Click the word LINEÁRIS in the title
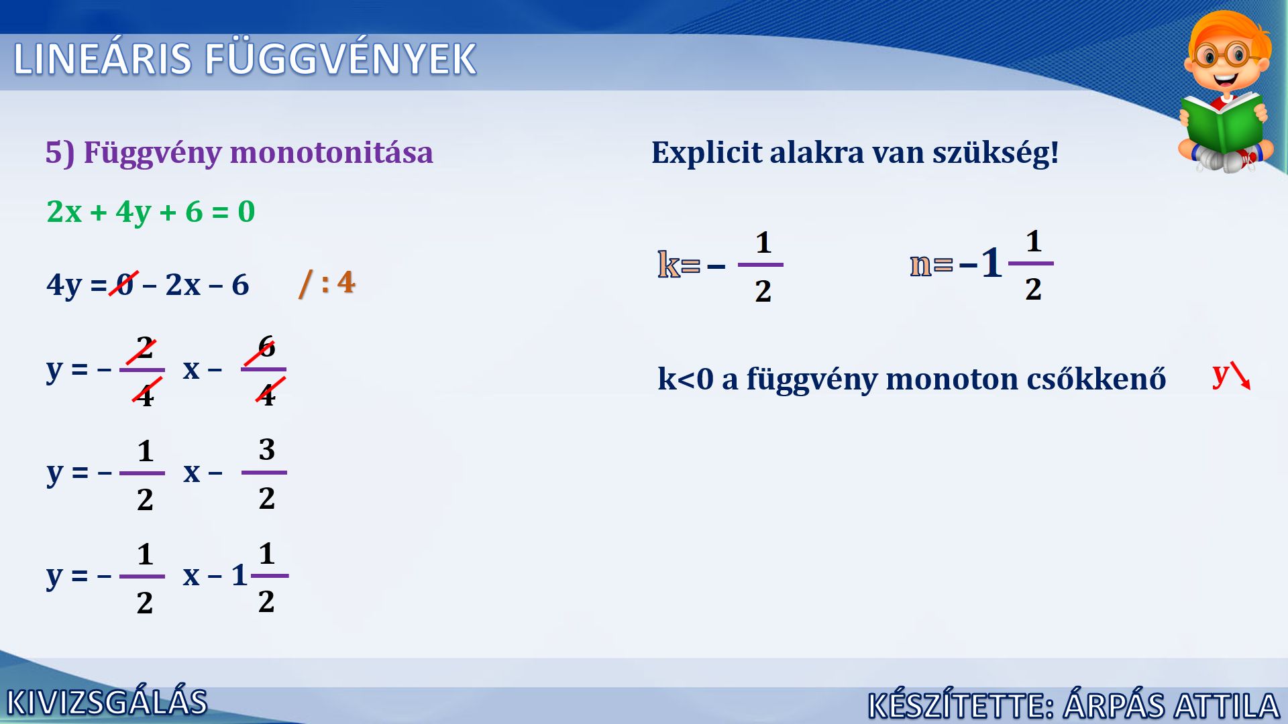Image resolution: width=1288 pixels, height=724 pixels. coord(103,59)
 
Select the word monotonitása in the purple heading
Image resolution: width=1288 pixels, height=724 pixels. coord(331,152)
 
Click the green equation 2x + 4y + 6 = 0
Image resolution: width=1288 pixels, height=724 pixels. coord(151,212)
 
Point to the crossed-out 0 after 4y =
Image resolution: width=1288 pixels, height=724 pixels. coord(125,284)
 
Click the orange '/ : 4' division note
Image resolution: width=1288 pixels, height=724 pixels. coord(327,282)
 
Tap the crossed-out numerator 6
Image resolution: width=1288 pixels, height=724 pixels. coord(266,347)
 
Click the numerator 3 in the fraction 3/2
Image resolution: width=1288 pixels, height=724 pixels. coord(266,449)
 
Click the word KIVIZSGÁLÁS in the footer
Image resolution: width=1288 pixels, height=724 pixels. coord(107,703)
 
